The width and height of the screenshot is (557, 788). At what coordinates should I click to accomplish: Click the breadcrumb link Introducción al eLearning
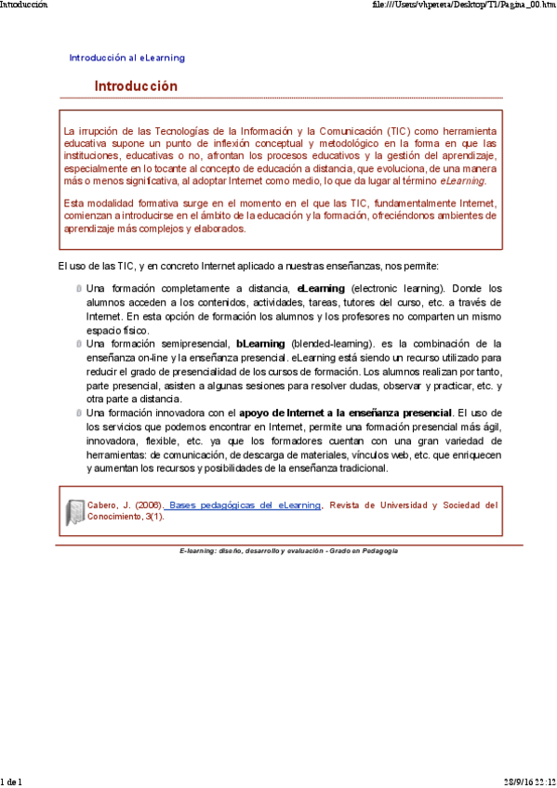[x=126, y=58]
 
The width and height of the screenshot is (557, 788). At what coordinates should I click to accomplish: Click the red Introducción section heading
[x=135, y=86]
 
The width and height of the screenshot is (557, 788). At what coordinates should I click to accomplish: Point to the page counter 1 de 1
[x=11, y=781]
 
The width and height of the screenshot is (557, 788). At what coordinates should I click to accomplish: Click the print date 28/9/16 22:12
[x=530, y=781]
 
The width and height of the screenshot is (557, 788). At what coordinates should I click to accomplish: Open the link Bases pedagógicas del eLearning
[x=245, y=506]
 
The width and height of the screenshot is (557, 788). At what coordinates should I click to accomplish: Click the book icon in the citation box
[x=74, y=512]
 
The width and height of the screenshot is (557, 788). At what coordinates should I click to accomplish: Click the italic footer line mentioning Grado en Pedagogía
[x=288, y=551]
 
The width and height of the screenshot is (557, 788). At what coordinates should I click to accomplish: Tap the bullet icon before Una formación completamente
[x=79, y=289]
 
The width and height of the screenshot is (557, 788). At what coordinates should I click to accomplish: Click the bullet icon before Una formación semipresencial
[x=79, y=344]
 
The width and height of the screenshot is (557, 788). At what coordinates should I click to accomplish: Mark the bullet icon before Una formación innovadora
[x=79, y=413]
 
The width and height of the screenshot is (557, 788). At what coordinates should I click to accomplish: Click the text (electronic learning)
[x=397, y=288]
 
